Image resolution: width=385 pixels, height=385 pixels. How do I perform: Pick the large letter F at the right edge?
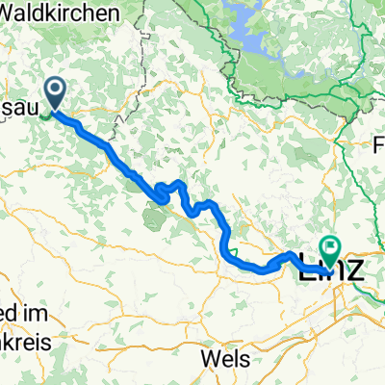tap(379, 148)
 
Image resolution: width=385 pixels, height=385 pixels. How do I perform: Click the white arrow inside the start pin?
tap(56, 91)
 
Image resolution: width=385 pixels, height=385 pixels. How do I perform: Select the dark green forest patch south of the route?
tap(154, 217)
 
